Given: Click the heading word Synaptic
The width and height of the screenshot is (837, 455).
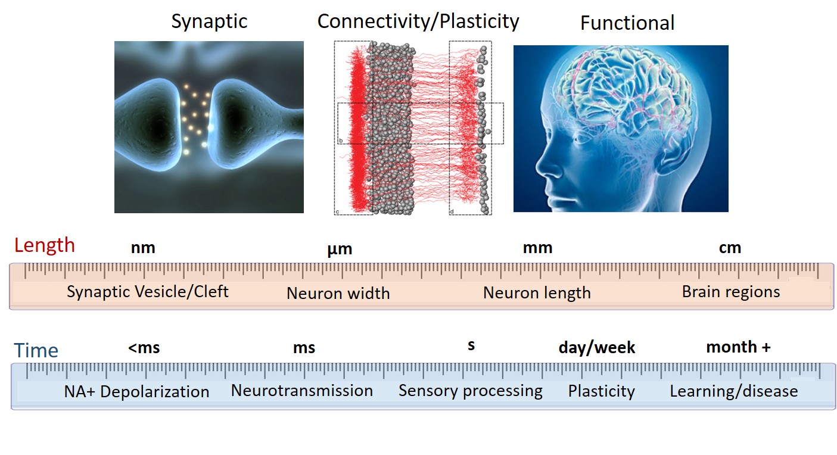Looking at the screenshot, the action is (209, 22).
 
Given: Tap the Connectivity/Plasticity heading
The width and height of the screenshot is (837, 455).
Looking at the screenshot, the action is (418, 21).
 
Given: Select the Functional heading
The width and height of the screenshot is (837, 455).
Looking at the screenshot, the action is (627, 23).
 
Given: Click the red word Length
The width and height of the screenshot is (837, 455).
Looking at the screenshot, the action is (45, 246).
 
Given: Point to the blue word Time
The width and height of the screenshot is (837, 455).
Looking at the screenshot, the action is (36, 350).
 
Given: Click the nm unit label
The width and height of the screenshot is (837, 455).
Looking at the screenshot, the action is (143, 248).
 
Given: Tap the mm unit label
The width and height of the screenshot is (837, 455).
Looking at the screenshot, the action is (538, 248).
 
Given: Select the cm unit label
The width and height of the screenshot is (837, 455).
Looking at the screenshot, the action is (730, 248).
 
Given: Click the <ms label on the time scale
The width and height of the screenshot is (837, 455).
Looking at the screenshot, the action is (144, 348).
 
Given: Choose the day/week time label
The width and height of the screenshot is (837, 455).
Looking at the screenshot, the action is (597, 348).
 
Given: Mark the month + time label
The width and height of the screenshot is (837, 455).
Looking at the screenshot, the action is (738, 347).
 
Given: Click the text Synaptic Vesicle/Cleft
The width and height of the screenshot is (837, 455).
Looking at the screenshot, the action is (148, 292).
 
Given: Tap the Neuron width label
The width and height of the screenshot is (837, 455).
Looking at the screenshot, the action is (338, 293).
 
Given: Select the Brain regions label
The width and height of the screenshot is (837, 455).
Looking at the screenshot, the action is (731, 292).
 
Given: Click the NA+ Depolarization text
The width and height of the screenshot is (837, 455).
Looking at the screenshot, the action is (136, 392).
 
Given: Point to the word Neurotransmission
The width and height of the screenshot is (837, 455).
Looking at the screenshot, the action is (302, 391).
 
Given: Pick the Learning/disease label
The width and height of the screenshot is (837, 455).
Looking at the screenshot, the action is (734, 391).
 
